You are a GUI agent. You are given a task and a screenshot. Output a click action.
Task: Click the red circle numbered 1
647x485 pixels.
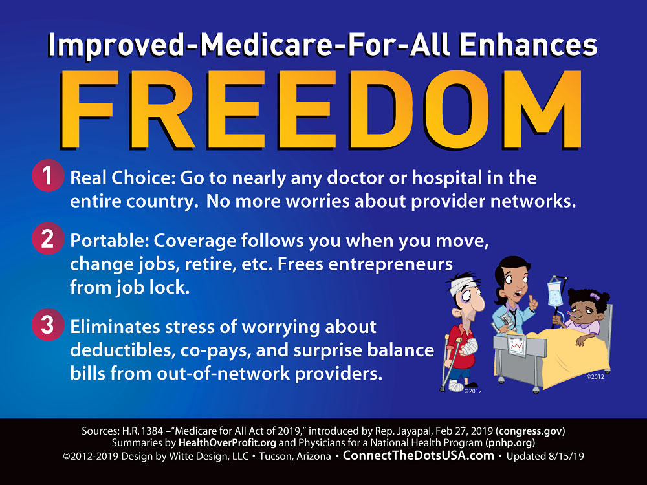pyautogui.click(x=48, y=176)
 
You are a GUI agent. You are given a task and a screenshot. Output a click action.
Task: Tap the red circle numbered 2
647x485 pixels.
pyautogui.click(x=48, y=239)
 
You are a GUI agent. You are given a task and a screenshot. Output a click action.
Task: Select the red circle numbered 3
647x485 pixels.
pyautogui.click(x=48, y=325)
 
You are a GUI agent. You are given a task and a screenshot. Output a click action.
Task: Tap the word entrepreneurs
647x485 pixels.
pyautogui.click(x=390, y=264)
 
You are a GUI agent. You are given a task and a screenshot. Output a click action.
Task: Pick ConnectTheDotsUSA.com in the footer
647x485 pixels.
pyautogui.click(x=419, y=456)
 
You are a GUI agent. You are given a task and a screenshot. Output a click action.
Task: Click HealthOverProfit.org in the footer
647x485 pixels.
pyautogui.click(x=227, y=443)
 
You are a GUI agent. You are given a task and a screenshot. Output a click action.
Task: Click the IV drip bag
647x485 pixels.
pyautogui.click(x=554, y=293)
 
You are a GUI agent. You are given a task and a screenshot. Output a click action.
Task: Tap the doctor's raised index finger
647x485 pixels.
pyautogui.click(x=532, y=301)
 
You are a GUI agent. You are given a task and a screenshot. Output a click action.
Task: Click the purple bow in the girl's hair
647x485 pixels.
pyautogui.click(x=595, y=296)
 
